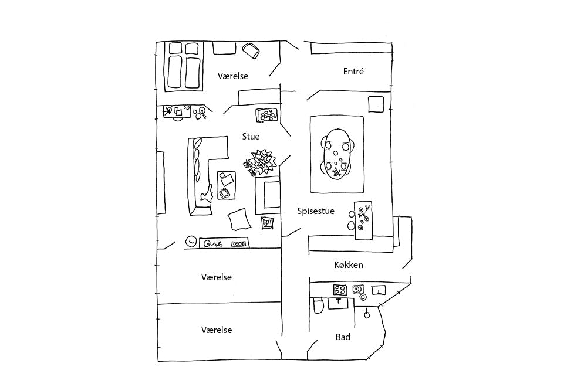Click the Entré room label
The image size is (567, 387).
pyautogui.click(x=353, y=72)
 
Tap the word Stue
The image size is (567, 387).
pyautogui.click(x=251, y=137)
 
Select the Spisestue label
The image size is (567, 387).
pyautogui.click(x=316, y=211)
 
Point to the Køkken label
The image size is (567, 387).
pyautogui.click(x=349, y=265)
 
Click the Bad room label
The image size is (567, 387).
pyautogui.click(x=343, y=337)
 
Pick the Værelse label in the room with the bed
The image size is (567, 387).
pyautogui.click(x=233, y=76)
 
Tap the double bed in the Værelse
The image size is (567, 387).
pyautogui.click(x=184, y=66)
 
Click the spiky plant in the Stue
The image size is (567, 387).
pyautogui.click(x=261, y=163)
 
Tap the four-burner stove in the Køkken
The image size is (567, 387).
pyautogui.click(x=340, y=289)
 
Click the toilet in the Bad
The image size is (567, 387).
pyautogui.click(x=318, y=305)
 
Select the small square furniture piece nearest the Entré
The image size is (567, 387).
pyautogui.click(x=376, y=104)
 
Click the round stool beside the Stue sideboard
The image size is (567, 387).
pyautogui.click(x=191, y=241)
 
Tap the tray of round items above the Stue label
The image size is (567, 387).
pyautogui.click(x=267, y=115)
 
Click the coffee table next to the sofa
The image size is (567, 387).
pyautogui.click(x=226, y=185)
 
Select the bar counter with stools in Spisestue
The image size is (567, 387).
pyautogui.click(x=363, y=220)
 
